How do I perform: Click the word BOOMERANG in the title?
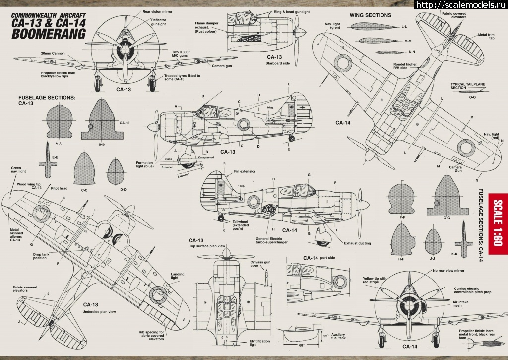click(x=48, y=34)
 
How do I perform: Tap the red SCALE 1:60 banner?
click(x=498, y=223)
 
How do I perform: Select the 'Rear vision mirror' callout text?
click(x=157, y=11)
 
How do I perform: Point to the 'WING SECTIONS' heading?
click(x=370, y=15)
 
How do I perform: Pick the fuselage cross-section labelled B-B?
click(x=102, y=120)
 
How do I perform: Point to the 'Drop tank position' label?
click(x=44, y=256)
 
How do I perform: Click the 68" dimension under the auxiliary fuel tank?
click(x=301, y=344)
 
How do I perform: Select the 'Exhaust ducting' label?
click(x=357, y=243)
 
